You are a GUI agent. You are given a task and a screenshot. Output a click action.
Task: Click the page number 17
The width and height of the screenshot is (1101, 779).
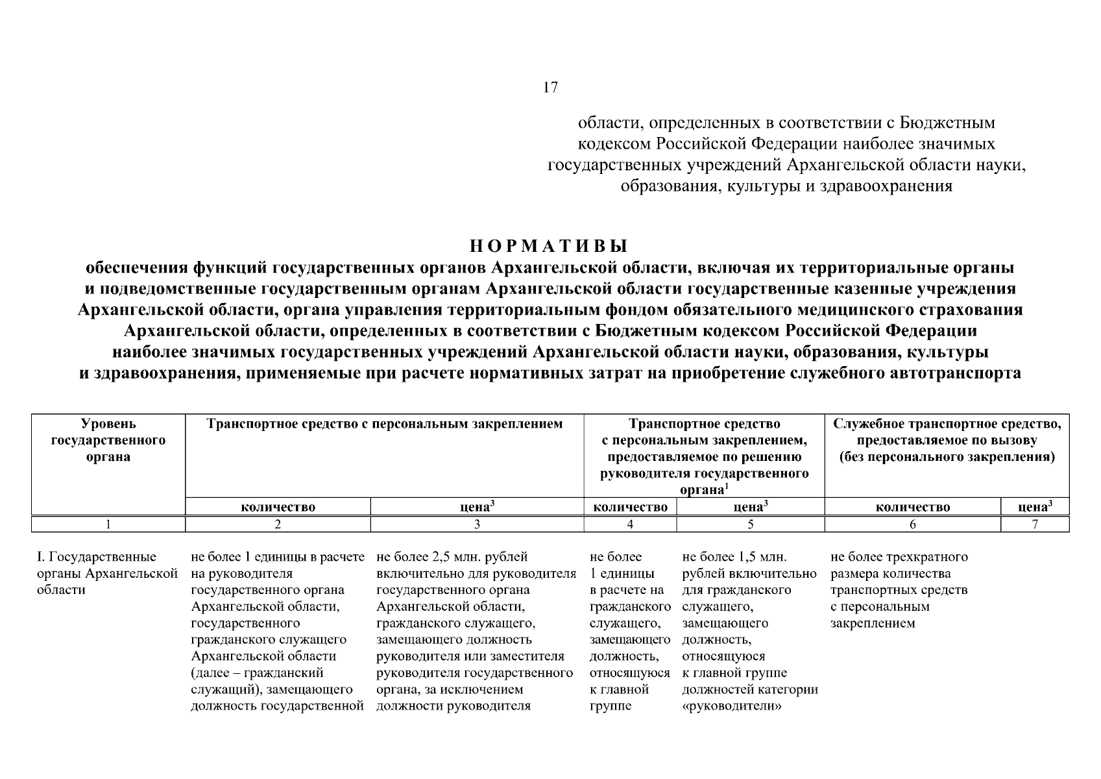click(550, 88)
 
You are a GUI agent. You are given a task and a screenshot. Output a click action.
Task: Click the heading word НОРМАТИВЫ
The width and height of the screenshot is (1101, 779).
click(550, 247)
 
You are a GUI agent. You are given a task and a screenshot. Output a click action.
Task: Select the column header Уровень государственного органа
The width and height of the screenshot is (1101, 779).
click(108, 440)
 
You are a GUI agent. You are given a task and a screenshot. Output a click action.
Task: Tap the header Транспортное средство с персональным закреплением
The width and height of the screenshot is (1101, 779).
click(384, 425)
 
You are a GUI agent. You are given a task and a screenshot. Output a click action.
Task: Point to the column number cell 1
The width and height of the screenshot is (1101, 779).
click(108, 524)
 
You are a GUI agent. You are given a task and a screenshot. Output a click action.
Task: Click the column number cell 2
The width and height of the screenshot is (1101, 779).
click(278, 524)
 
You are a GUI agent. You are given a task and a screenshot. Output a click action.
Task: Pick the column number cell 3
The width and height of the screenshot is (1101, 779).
click(477, 524)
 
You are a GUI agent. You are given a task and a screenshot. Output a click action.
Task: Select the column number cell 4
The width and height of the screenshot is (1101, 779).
click(630, 524)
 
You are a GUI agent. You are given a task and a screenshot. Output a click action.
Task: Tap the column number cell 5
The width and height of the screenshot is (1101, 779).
click(750, 524)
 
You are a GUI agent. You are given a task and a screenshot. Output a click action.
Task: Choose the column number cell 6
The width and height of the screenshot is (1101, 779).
click(912, 524)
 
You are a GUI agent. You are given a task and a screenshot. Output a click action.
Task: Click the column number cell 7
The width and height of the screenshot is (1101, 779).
click(1035, 524)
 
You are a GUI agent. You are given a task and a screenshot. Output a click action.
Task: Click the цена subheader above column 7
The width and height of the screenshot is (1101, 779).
click(1035, 507)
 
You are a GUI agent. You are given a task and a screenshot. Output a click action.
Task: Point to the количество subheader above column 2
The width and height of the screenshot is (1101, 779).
click(278, 507)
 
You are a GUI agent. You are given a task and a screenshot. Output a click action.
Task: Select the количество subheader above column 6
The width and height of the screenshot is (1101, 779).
click(912, 507)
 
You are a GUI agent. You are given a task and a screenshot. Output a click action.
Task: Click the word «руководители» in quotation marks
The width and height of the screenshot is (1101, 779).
click(731, 706)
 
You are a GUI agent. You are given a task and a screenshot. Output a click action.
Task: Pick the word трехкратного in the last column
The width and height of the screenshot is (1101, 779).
click(931, 557)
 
